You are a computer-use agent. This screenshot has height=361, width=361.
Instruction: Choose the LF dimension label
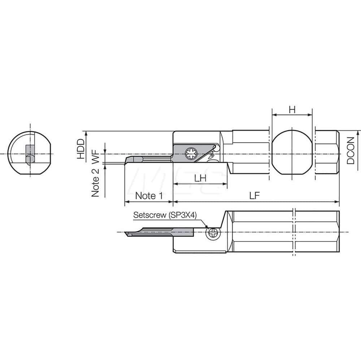coord(255,195)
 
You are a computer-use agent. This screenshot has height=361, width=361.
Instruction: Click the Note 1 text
coord(148,196)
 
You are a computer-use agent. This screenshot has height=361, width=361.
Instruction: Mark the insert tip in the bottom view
coord(126,233)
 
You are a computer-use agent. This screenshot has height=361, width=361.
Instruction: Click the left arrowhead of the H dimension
coord(274,115)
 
